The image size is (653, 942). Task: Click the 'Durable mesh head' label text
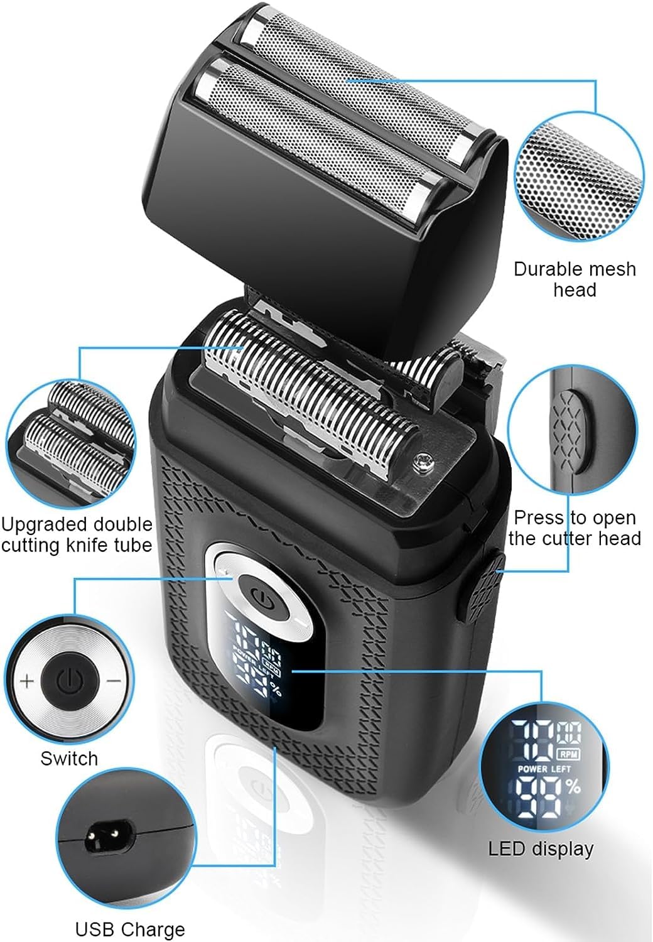point(575,279)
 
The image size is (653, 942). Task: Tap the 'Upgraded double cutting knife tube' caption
point(76,534)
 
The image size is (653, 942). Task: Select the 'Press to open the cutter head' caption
point(575,528)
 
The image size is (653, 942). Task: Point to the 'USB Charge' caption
point(130,929)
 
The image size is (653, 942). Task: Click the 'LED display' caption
point(541,848)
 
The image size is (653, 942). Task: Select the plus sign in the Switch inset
point(27,681)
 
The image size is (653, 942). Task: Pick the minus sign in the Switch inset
point(114,680)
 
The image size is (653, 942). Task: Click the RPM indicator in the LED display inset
point(568,754)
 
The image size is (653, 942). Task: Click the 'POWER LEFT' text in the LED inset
point(544,769)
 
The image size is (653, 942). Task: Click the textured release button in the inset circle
point(569,430)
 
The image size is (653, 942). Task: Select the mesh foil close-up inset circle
point(579,180)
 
